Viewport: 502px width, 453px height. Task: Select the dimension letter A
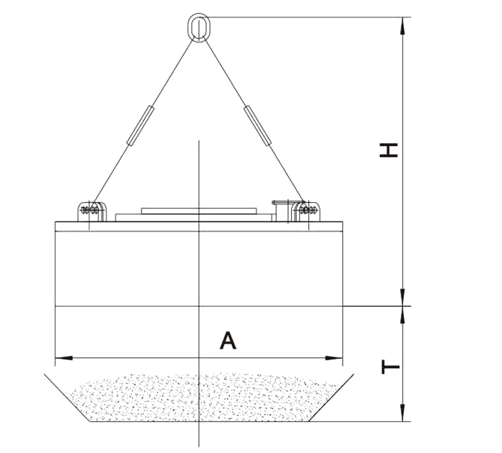click(227, 340)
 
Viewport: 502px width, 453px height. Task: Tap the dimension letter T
click(389, 366)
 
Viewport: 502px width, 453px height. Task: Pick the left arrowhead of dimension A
click(60, 358)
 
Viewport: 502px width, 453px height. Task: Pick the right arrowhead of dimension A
click(339, 358)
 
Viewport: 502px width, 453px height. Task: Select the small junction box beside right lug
click(281, 207)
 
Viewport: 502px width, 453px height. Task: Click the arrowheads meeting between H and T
click(403, 306)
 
